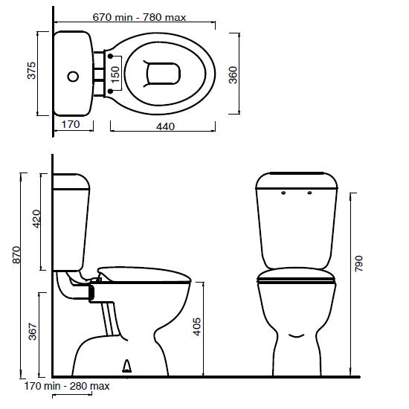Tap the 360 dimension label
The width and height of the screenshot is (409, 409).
point(233,74)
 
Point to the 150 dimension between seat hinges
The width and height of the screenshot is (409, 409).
point(115,74)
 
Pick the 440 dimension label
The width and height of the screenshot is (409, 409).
point(165,126)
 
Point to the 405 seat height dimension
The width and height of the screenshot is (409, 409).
point(196,328)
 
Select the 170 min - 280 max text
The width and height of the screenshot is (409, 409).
point(67,386)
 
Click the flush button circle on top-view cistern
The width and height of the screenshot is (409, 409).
point(73,76)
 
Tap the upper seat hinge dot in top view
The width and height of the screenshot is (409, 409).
point(110,57)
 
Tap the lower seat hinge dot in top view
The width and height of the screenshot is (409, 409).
point(110,91)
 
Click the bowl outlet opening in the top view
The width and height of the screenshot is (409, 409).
point(164,74)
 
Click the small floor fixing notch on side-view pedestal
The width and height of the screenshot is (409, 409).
point(127,365)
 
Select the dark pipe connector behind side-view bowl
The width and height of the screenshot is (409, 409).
point(92,293)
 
